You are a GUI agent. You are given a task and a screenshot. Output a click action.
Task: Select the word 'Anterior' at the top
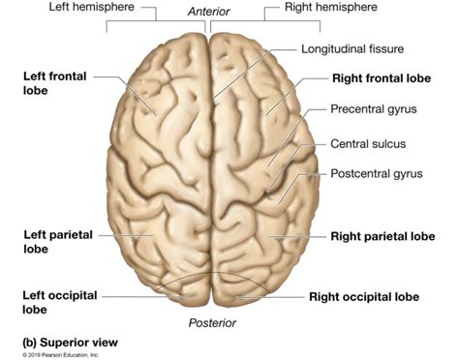point(208,11)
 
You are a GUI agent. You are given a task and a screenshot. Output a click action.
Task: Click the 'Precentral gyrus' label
point(373,109)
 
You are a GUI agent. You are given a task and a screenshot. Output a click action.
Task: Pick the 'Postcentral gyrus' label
point(376,176)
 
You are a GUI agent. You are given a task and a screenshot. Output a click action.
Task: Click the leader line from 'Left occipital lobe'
point(131,296)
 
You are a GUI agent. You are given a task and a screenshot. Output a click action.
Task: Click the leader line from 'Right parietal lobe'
point(300,235)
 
